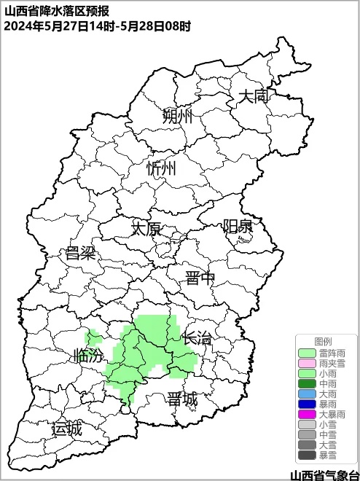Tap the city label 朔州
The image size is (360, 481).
click(178, 117)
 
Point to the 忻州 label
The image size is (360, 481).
click(161, 169)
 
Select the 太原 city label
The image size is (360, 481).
click(146, 229)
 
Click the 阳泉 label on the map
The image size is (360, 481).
click(238, 227)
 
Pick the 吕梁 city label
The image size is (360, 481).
click(81, 254)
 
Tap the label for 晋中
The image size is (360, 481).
click(200, 278)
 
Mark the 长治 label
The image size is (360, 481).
click(197, 338)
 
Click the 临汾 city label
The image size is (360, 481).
click(89, 356)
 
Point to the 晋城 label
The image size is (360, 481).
click(182, 399)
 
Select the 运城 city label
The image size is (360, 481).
click(67, 429)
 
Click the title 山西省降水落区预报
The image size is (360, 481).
click(57, 11)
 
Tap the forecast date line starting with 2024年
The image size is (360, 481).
click(98, 26)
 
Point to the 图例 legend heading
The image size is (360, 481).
click(323, 342)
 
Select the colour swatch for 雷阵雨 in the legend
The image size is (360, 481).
click(307, 353)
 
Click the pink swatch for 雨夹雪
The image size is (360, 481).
click(307, 363)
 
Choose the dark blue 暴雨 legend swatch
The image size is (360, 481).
click(307, 404)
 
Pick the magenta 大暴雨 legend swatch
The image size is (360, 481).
click(307, 414)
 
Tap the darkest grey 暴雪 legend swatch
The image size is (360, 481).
click(307, 455)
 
